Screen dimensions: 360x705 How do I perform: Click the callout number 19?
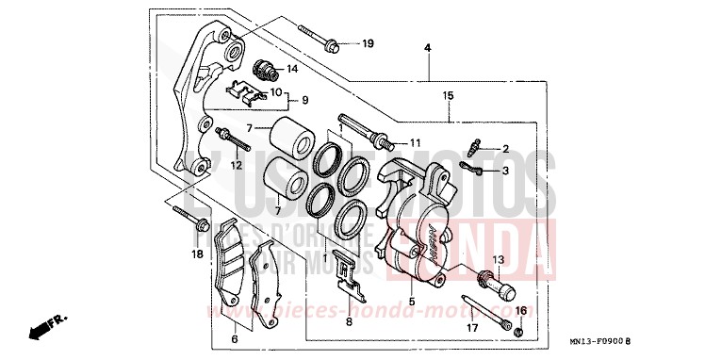point(368,44)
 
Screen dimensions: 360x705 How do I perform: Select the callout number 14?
point(291,69)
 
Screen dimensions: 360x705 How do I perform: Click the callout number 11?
point(413,142)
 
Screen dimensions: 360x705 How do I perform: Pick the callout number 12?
point(237,166)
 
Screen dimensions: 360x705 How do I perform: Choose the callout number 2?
point(505,149)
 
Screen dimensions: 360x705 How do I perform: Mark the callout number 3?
point(505,171)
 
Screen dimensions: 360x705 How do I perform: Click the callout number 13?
point(499,259)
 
